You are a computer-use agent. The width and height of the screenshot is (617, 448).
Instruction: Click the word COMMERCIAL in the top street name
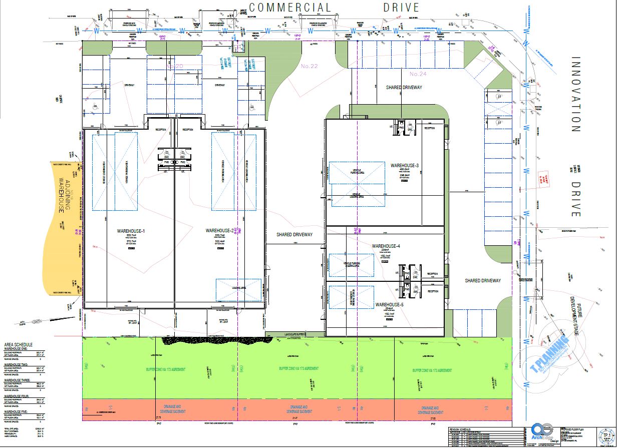(290, 8)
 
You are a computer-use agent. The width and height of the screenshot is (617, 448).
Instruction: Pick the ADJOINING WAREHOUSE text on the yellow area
(63, 194)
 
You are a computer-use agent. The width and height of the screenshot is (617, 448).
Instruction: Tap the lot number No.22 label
(310, 66)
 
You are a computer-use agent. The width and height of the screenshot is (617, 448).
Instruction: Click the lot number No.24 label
(418, 74)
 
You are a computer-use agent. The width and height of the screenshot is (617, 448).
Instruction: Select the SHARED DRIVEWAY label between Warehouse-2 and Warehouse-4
(294, 234)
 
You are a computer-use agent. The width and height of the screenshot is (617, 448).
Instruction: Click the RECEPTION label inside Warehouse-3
(430, 129)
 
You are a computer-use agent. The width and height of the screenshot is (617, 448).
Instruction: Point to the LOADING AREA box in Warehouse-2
(238, 289)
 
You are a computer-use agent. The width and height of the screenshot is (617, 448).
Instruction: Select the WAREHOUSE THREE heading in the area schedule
(17, 381)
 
